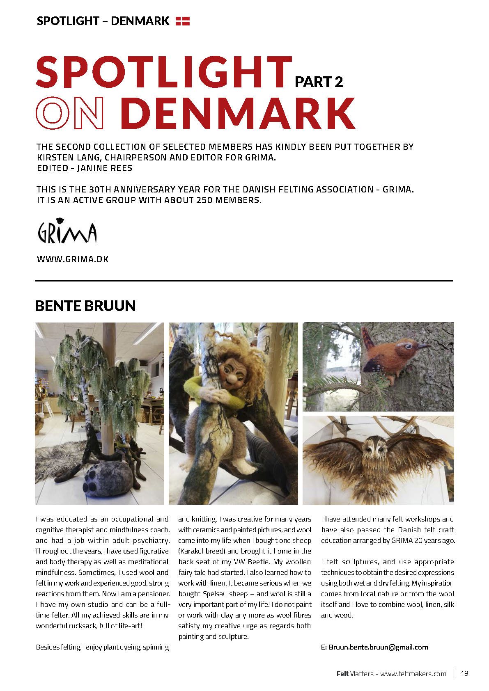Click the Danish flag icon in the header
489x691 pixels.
point(183,21)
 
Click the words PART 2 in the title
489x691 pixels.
point(319,82)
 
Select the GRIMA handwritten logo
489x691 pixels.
point(67,233)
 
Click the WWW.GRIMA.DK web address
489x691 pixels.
point(73,259)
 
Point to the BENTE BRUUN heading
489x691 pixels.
point(85,306)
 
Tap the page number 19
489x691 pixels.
point(464,673)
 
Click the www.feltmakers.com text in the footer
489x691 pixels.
point(413,673)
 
